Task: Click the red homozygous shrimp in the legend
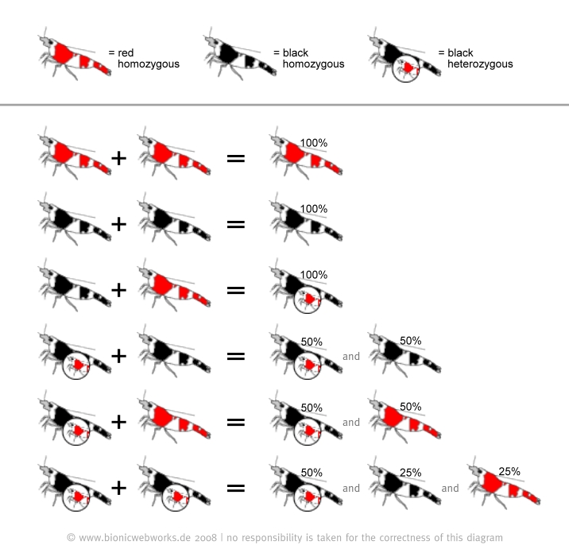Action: [73, 57]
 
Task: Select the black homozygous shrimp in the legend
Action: [238, 57]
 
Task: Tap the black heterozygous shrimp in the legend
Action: [404, 57]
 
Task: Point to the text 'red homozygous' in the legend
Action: [148, 58]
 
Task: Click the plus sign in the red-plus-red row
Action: [118, 157]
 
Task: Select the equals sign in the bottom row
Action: [235, 488]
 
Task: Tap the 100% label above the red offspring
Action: [313, 142]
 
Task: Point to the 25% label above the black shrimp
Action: [410, 473]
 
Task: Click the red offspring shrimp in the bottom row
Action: [505, 487]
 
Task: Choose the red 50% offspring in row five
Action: [403, 422]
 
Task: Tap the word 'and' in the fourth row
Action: [351, 357]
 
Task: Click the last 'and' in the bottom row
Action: [450, 488]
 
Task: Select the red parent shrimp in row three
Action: [172, 290]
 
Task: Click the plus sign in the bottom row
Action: [118, 488]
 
